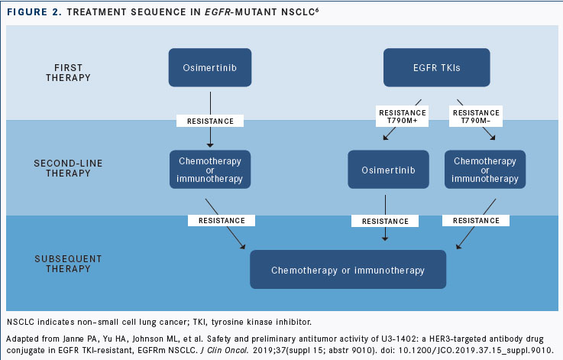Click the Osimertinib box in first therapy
coord(210,67)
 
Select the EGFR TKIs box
coord(437,67)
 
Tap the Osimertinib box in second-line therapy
coord(388,170)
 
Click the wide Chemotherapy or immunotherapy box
coord(348,270)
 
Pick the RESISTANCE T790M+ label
coord(402,116)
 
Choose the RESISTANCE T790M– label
coord(476,116)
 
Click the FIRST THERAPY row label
coord(68,73)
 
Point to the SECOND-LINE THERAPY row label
coord(68,168)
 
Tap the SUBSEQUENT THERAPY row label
coord(68,264)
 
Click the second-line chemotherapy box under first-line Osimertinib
coord(210,170)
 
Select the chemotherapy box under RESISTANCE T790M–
coord(485,170)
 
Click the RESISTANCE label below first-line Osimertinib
coord(210,121)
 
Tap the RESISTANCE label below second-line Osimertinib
coord(385,221)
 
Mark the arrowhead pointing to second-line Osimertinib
coord(385,138)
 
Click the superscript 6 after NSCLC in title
coord(317,9)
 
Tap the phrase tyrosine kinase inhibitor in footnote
coord(261,322)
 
